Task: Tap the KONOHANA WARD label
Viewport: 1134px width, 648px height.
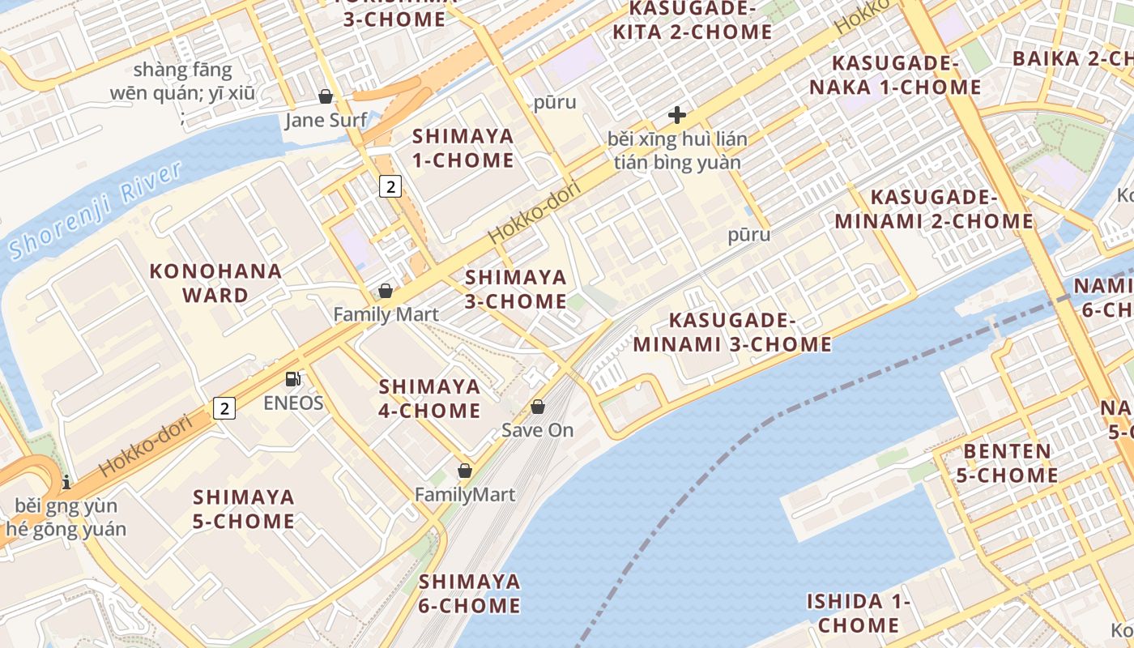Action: [x=216, y=283]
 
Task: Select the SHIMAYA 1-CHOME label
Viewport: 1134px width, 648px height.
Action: [x=463, y=147]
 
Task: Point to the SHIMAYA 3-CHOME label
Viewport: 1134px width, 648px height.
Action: [x=516, y=289]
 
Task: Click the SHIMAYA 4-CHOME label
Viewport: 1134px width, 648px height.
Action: [x=430, y=398]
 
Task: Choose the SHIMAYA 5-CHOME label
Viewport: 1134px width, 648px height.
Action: [x=244, y=508]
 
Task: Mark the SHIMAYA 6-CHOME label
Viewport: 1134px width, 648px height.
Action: [x=470, y=593]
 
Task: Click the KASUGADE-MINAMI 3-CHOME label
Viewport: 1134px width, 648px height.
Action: [x=732, y=332]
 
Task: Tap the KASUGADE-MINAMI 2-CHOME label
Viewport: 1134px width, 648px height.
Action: [x=934, y=209]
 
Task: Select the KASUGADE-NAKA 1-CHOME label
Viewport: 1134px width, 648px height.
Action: [x=906, y=75]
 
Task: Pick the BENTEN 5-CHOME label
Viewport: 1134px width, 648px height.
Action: [x=1008, y=463]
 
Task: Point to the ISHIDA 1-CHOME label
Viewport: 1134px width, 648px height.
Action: [x=859, y=613]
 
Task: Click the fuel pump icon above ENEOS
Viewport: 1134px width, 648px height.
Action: [x=293, y=379]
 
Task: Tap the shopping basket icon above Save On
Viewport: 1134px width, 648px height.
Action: [x=538, y=407]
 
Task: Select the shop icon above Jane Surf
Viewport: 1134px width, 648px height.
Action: [x=326, y=97]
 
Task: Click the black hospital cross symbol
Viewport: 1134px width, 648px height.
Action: [x=677, y=115]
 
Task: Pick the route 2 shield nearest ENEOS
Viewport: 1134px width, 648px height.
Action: [x=224, y=408]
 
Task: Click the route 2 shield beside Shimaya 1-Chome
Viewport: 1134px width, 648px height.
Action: [x=390, y=186]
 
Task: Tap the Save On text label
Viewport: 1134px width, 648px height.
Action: [x=538, y=430]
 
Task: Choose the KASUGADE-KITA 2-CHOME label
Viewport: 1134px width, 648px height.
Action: [x=693, y=20]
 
